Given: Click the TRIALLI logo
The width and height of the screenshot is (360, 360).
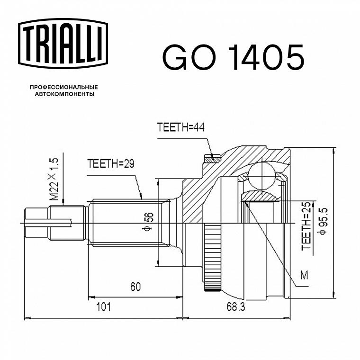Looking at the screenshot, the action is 63,44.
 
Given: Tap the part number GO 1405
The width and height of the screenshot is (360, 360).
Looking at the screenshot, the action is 233,57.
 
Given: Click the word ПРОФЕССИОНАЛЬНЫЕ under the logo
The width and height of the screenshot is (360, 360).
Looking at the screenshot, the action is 64,87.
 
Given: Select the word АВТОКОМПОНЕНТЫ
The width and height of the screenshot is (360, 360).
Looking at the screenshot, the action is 64,94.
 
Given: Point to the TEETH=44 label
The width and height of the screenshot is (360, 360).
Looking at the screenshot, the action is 180,127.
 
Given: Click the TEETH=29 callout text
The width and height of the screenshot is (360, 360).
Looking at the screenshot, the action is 111,163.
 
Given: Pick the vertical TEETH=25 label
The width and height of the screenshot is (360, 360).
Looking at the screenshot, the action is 306,225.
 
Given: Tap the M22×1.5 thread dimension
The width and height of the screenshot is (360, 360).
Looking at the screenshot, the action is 54,179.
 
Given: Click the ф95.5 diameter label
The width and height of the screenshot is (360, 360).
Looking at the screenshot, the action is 323,221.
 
